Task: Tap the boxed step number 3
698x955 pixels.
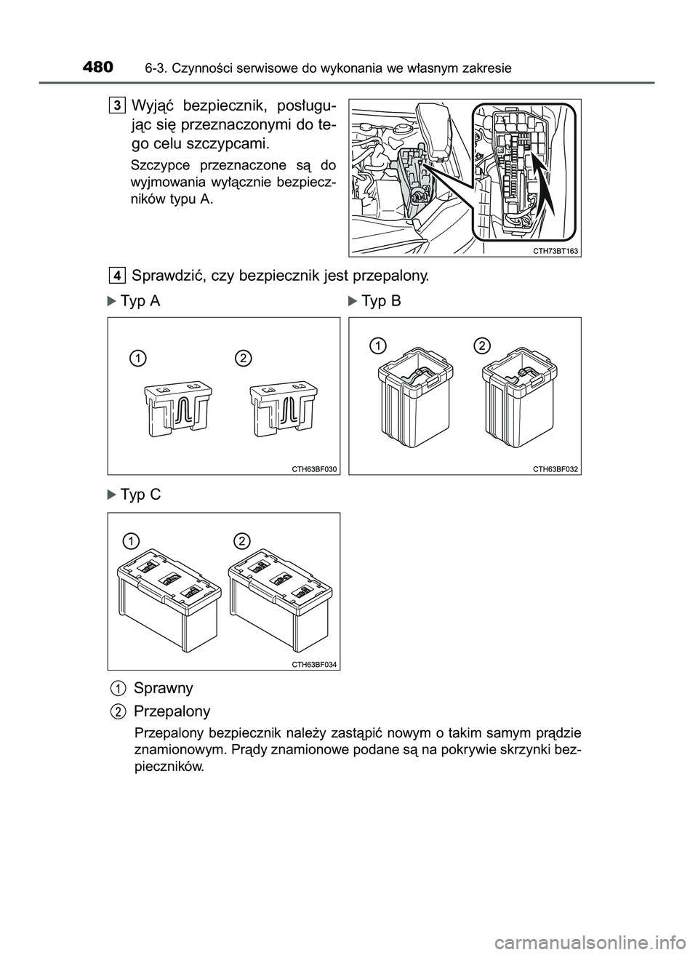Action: [117, 105]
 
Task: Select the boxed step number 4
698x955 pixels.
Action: [117, 275]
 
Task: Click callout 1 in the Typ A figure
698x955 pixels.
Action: [137, 356]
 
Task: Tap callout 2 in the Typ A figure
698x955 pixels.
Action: [243, 356]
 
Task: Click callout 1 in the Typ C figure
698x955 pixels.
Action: [131, 540]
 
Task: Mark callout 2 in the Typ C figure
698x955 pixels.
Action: [242, 539]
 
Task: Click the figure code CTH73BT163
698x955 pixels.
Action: [550, 250]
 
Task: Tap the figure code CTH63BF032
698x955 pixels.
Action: [555, 468]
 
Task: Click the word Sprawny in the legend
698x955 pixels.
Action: [163, 687]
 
